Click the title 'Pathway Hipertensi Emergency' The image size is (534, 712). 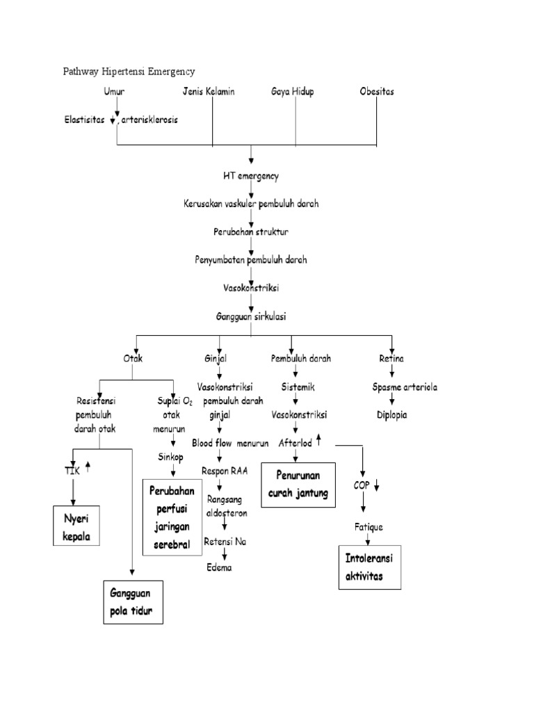(x=129, y=71)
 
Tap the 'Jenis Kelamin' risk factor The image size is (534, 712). (x=209, y=91)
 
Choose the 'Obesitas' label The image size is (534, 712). (x=377, y=91)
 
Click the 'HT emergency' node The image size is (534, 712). (x=250, y=176)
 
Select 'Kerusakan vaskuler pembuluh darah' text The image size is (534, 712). (x=250, y=204)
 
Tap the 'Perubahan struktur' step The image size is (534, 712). (x=250, y=231)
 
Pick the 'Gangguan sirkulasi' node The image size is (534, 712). (x=250, y=316)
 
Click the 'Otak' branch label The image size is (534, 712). (x=133, y=359)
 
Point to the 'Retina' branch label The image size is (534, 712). (x=391, y=359)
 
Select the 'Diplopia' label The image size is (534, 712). (x=392, y=415)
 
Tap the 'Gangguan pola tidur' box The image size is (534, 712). (x=133, y=602)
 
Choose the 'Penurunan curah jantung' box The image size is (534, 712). (x=298, y=487)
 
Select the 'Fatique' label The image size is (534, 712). (x=369, y=527)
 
